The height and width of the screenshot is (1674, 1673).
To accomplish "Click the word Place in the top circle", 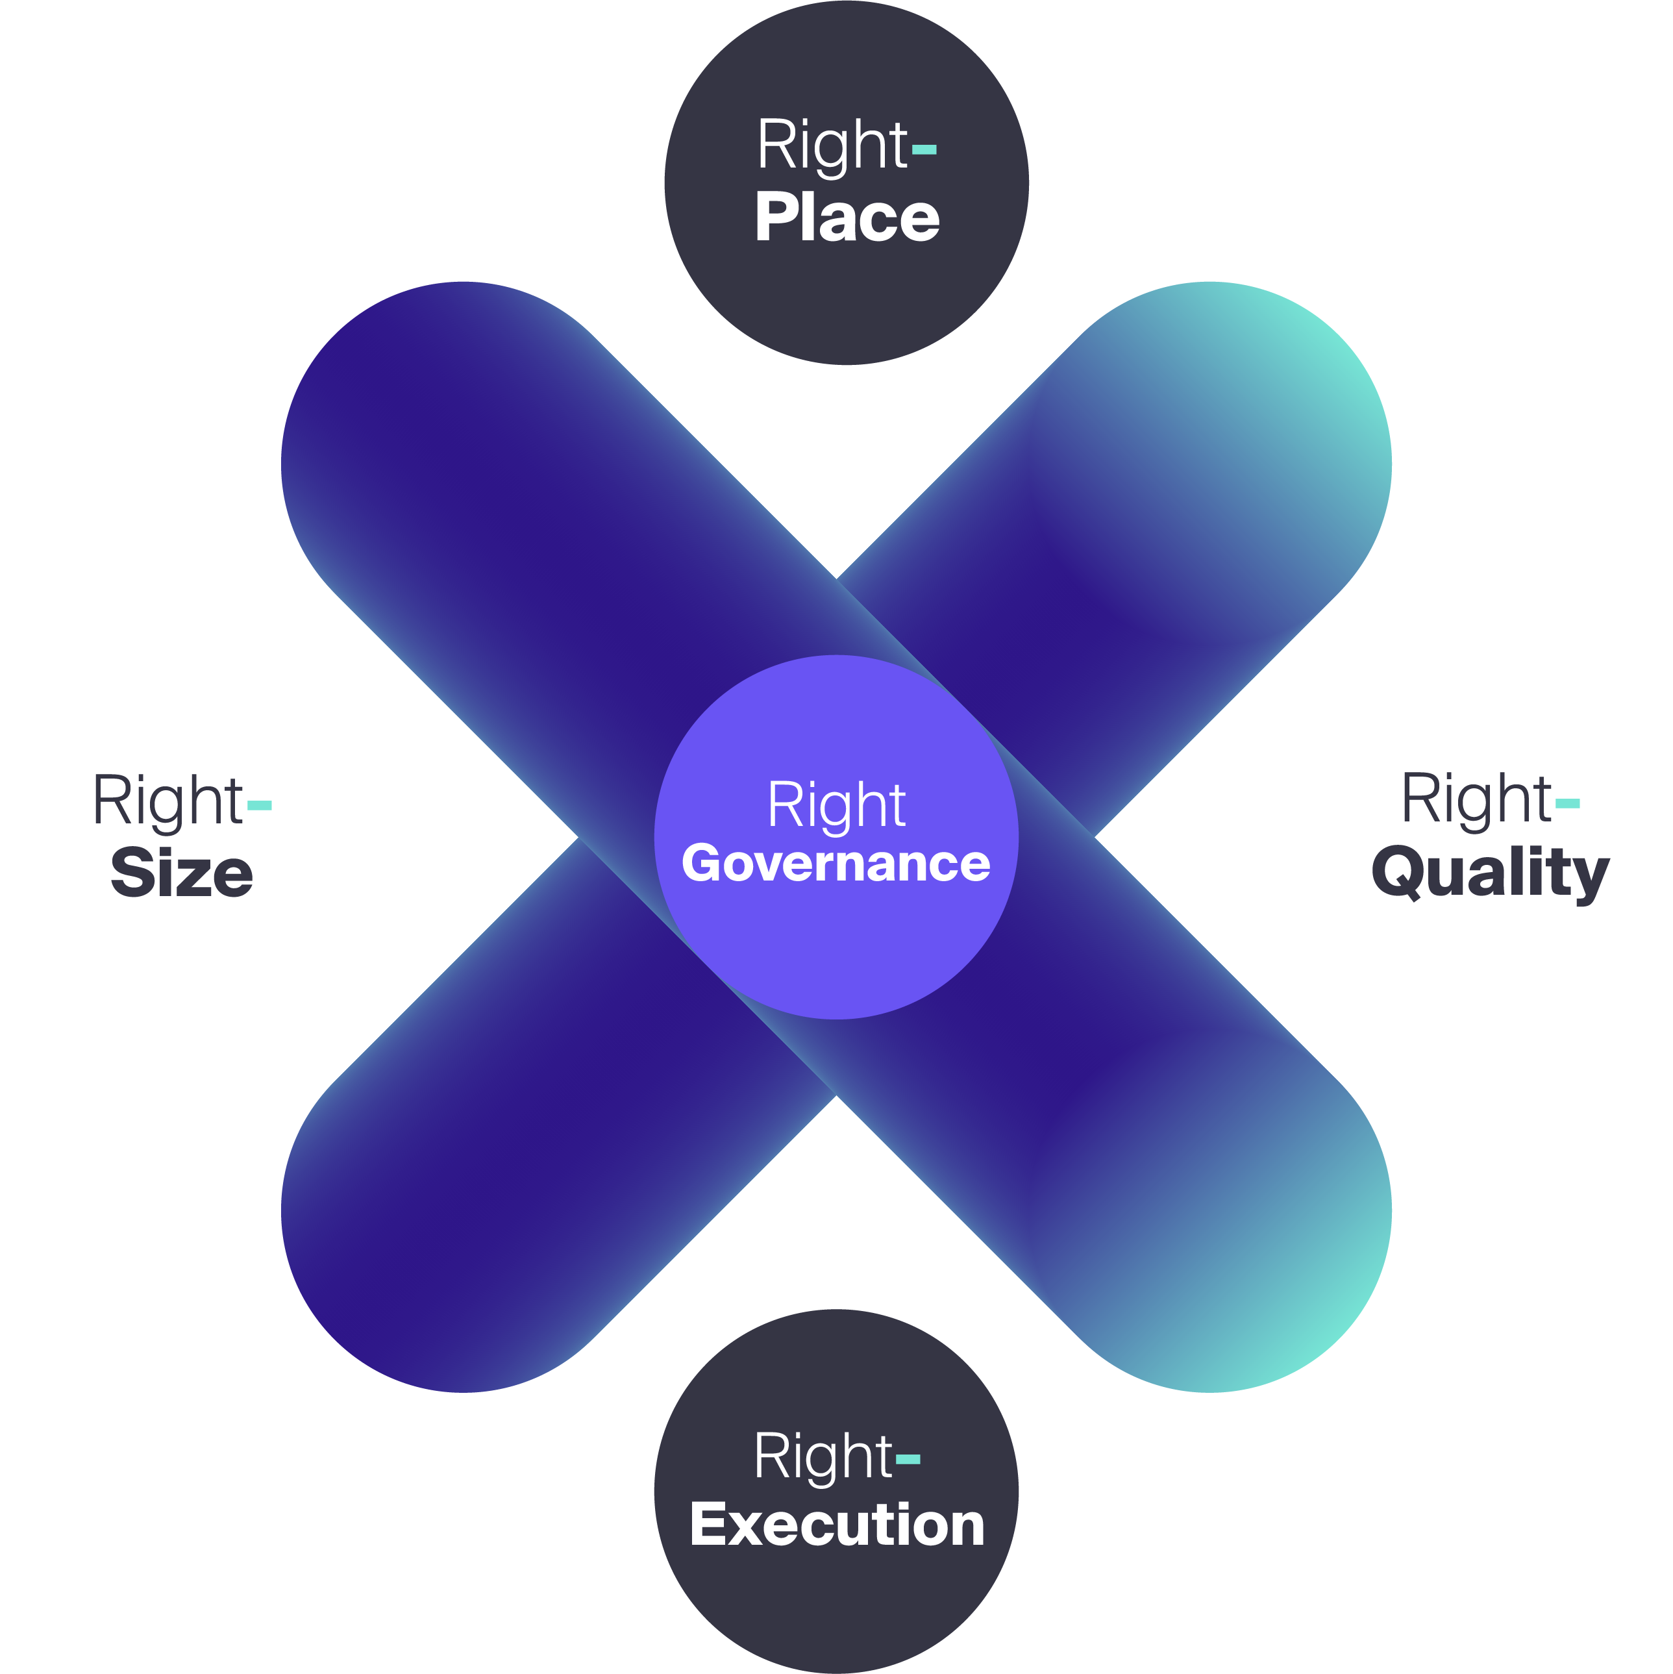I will pos(847,217).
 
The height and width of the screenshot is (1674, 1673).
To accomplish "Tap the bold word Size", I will pos(182,873).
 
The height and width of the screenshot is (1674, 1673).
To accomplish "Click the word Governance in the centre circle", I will pos(836,863).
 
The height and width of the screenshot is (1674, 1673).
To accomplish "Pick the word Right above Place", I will pos(832,145).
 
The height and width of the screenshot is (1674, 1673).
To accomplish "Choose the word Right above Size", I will pos(167,801).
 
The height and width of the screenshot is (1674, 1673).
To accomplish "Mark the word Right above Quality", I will pos(1476,799).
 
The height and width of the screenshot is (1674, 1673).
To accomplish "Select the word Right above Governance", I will pos(836,805).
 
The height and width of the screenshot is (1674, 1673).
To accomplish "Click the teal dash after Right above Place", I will pos(924,150).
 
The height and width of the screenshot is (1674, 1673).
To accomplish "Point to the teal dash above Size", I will pos(260,806).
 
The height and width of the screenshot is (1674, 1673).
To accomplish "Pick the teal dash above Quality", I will pos(1567,804).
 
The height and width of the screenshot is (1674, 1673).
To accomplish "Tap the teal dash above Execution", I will pos(908,1460).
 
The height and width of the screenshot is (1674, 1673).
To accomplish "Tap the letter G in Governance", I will pos(702,863).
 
